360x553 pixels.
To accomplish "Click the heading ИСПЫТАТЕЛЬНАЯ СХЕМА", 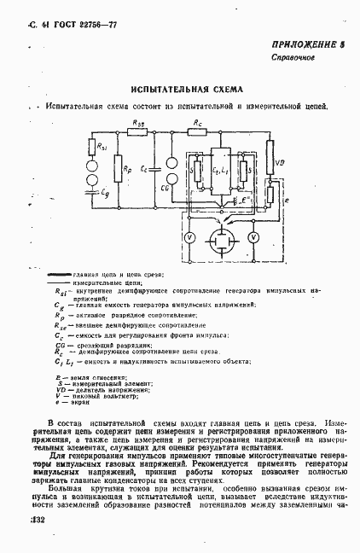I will (187, 89).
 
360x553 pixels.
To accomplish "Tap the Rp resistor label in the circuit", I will (129, 169).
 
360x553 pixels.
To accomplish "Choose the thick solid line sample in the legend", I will (65, 273).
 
